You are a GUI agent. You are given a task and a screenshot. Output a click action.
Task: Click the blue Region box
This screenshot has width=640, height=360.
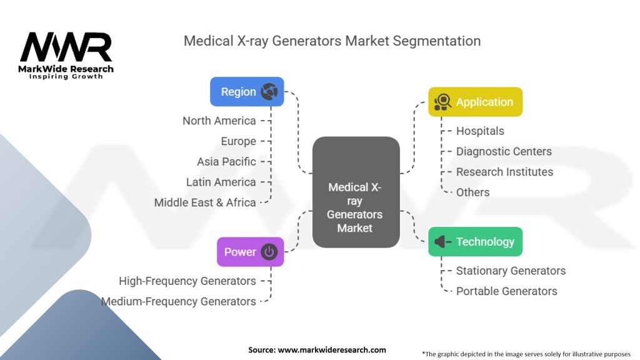click(x=247, y=92)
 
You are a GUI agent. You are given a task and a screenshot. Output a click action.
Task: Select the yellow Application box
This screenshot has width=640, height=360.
click(x=475, y=102)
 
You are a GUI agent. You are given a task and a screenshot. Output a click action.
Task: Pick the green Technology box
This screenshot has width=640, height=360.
click(x=475, y=242)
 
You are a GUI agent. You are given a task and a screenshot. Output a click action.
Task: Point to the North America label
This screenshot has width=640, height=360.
click(x=219, y=121)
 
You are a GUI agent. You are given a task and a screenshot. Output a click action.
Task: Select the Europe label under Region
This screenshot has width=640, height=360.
click(x=238, y=141)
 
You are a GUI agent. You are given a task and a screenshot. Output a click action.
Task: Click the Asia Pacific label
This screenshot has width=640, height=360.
click(x=226, y=161)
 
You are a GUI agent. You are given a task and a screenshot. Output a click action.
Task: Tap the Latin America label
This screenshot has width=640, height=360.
click(x=221, y=182)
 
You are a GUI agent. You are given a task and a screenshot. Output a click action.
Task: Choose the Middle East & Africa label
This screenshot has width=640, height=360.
click(x=205, y=202)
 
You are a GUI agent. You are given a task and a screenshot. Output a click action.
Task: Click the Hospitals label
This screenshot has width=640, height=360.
click(x=480, y=131)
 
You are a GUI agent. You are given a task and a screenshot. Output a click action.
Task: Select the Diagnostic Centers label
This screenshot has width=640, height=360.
click(x=504, y=151)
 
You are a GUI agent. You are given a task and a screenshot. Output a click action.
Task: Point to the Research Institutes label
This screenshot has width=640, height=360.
click(x=504, y=172)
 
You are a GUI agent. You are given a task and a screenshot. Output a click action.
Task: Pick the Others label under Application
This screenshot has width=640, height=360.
click(x=472, y=192)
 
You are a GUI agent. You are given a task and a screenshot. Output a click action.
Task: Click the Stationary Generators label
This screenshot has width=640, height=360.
click(x=511, y=271)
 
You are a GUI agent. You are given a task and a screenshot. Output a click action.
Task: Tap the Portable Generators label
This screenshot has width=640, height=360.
click(x=506, y=291)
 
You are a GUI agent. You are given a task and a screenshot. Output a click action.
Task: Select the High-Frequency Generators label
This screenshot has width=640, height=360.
click(x=187, y=281)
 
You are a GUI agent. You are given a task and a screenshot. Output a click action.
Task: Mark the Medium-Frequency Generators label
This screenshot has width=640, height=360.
click(x=179, y=301)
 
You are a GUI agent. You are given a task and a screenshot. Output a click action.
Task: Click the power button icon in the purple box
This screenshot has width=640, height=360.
click(x=269, y=252)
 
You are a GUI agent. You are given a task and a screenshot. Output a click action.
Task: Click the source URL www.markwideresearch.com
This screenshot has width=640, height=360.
click(x=332, y=350)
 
